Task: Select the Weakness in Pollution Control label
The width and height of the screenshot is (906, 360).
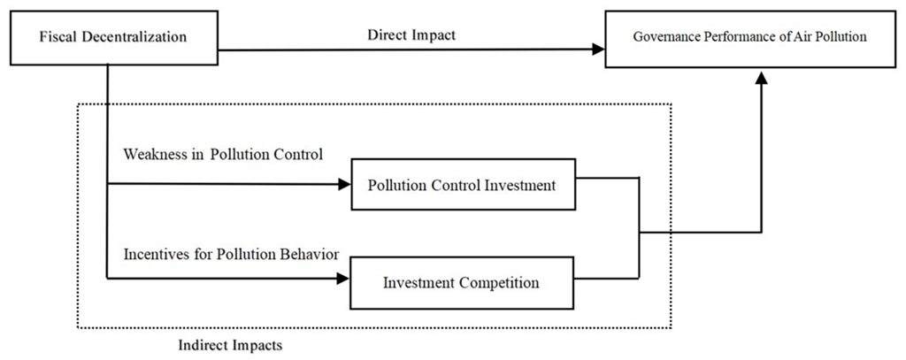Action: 223,155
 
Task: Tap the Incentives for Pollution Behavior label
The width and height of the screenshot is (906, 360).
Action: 232,254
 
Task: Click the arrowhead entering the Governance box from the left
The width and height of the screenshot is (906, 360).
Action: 598,50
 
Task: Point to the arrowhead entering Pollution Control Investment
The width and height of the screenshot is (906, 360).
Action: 344,185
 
